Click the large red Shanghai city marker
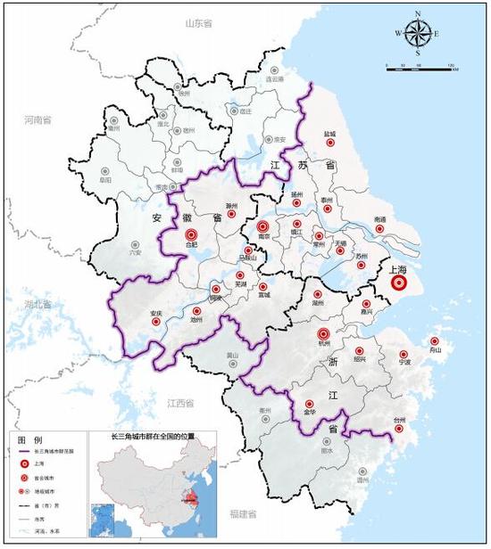(x=398, y=283)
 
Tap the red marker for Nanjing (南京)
(x=262, y=228)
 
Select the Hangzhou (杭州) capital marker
(x=323, y=336)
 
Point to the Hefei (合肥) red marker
(x=190, y=234)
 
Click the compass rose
(x=417, y=34)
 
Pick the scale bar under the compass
(x=420, y=66)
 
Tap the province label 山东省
(x=199, y=23)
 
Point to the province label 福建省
(x=240, y=515)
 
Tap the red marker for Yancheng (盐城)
(x=329, y=142)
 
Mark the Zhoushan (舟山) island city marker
(x=435, y=341)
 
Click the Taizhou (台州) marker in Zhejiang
(x=399, y=429)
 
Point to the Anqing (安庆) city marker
(x=156, y=322)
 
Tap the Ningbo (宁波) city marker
(x=404, y=352)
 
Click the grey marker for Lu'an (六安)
(x=136, y=243)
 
